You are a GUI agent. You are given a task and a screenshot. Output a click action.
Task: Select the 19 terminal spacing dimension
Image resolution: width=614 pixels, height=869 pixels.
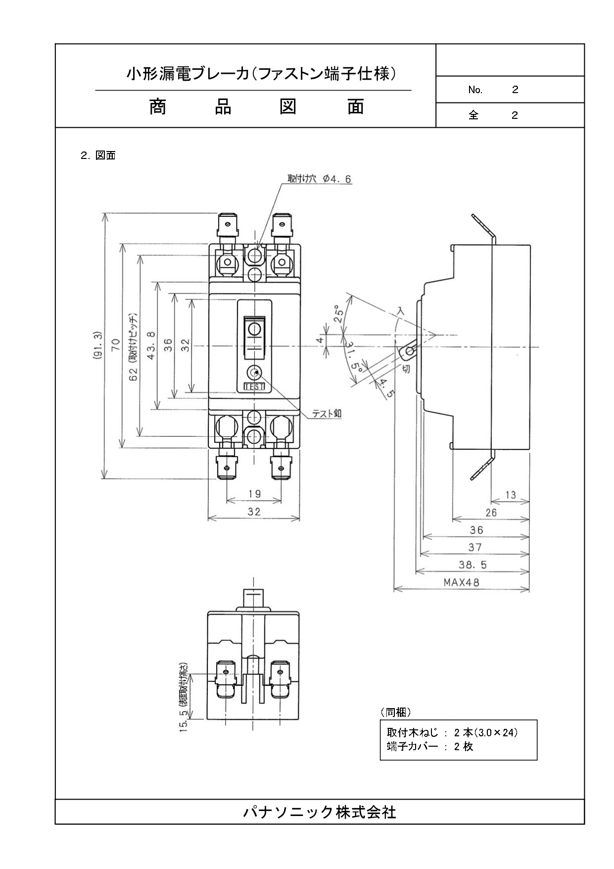click(254, 494)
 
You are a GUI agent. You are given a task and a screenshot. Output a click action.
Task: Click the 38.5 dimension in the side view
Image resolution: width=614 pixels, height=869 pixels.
click(473, 564)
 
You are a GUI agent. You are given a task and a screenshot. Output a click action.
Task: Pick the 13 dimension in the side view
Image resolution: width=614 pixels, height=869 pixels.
click(511, 495)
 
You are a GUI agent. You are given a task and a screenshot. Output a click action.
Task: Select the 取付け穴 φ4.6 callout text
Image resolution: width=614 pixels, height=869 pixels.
click(319, 179)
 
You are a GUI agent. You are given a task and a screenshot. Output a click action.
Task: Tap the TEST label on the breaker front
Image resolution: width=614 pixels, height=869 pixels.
click(254, 387)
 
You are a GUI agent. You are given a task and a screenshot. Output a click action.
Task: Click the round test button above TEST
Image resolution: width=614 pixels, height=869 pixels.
click(254, 373)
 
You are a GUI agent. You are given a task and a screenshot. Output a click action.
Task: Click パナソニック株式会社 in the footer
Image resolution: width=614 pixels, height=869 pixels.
click(320, 812)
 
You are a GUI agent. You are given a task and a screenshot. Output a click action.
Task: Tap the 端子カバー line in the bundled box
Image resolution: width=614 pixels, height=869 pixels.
click(429, 747)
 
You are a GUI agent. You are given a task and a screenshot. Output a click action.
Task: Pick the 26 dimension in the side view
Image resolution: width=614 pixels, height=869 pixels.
click(491, 512)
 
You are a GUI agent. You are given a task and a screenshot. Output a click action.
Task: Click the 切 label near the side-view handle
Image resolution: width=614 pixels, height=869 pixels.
click(406, 368)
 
